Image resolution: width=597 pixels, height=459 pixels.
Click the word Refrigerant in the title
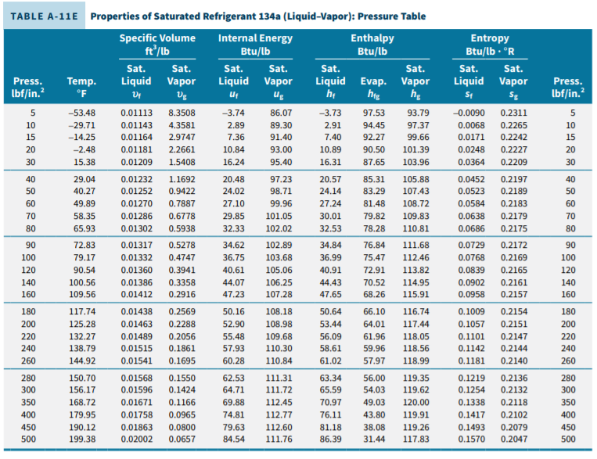click(207, 16)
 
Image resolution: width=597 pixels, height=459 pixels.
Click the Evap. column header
click(373, 81)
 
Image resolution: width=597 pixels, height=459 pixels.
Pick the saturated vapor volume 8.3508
click(182, 113)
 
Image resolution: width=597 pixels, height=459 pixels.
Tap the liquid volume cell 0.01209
click(136, 162)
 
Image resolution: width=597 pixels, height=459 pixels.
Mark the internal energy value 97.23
click(279, 179)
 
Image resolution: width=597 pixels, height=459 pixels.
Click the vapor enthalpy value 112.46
click(415, 257)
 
